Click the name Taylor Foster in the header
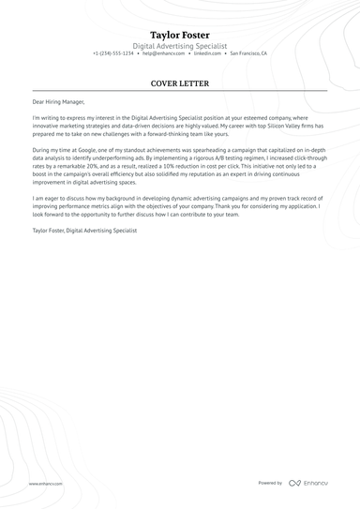(179, 35)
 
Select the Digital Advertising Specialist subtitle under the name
(179, 45)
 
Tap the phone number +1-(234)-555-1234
(113, 53)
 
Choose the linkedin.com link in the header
(207, 53)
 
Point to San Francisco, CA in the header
(247, 53)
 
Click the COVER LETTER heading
(179, 82)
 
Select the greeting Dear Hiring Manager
(58, 100)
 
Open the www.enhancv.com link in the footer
(45, 483)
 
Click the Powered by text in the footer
(270, 483)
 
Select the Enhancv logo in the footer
(309, 483)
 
